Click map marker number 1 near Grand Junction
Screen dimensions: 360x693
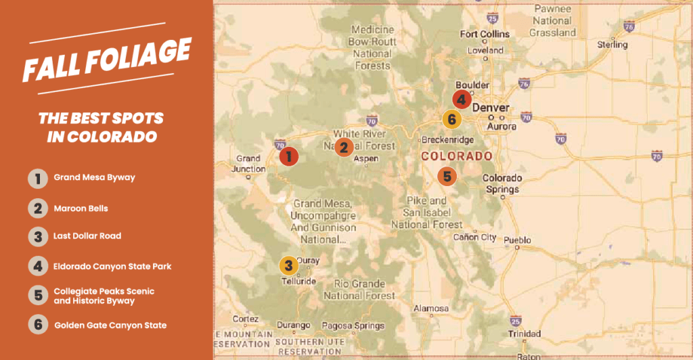point(289,156)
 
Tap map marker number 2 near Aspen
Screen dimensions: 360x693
point(344,146)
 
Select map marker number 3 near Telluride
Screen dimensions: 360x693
point(288,265)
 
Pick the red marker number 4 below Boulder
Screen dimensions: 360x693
point(462,99)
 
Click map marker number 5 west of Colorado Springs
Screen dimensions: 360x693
point(447,177)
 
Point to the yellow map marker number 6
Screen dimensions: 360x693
point(452,120)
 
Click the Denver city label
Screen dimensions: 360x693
point(491,108)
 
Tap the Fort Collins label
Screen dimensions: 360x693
point(482,35)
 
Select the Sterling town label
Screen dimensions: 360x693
point(612,45)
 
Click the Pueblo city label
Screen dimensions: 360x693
point(518,240)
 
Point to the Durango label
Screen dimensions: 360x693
point(293,325)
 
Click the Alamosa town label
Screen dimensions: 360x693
point(431,309)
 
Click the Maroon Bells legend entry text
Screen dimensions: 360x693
point(81,208)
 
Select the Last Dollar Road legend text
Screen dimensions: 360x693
point(87,237)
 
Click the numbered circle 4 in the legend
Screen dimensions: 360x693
point(38,266)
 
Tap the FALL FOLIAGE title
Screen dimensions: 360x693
point(106,60)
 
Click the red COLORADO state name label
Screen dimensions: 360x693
point(456,156)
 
